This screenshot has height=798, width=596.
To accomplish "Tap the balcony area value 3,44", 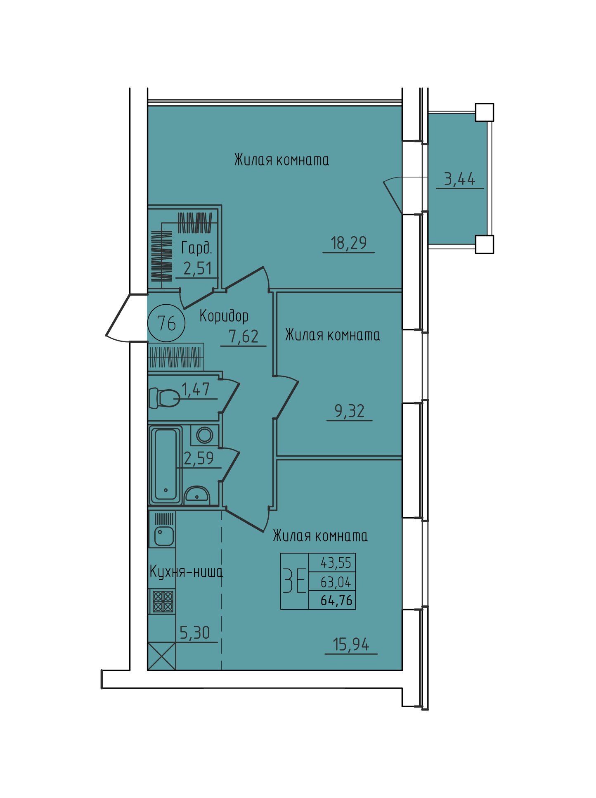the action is (459, 179).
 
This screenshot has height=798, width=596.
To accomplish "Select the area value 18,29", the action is (349, 243).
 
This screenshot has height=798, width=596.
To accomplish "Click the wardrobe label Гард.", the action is (196, 248).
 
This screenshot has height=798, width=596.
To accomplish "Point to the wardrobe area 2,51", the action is (198, 269).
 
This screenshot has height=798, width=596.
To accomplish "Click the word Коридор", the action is (224, 316).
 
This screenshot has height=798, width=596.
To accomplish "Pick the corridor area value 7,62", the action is (244, 336).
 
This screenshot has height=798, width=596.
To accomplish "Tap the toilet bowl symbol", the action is (164, 398).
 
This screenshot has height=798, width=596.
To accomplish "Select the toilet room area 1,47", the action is (196, 389).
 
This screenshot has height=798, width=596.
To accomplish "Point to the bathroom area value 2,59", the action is (199, 459).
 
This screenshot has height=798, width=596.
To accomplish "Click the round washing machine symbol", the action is (204, 435).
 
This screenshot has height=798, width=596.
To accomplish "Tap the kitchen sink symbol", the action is (164, 536).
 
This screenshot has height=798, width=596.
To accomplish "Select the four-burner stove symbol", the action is (163, 601).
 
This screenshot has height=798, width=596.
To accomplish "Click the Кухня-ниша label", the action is (186, 572).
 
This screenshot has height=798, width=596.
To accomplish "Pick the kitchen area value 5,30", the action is (195, 633).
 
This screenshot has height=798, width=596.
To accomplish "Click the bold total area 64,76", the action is (336, 600).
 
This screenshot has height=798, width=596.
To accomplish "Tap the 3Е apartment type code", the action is (295, 580).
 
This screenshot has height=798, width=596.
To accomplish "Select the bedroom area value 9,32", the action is (349, 411).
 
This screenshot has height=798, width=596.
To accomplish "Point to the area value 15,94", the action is (351, 644).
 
